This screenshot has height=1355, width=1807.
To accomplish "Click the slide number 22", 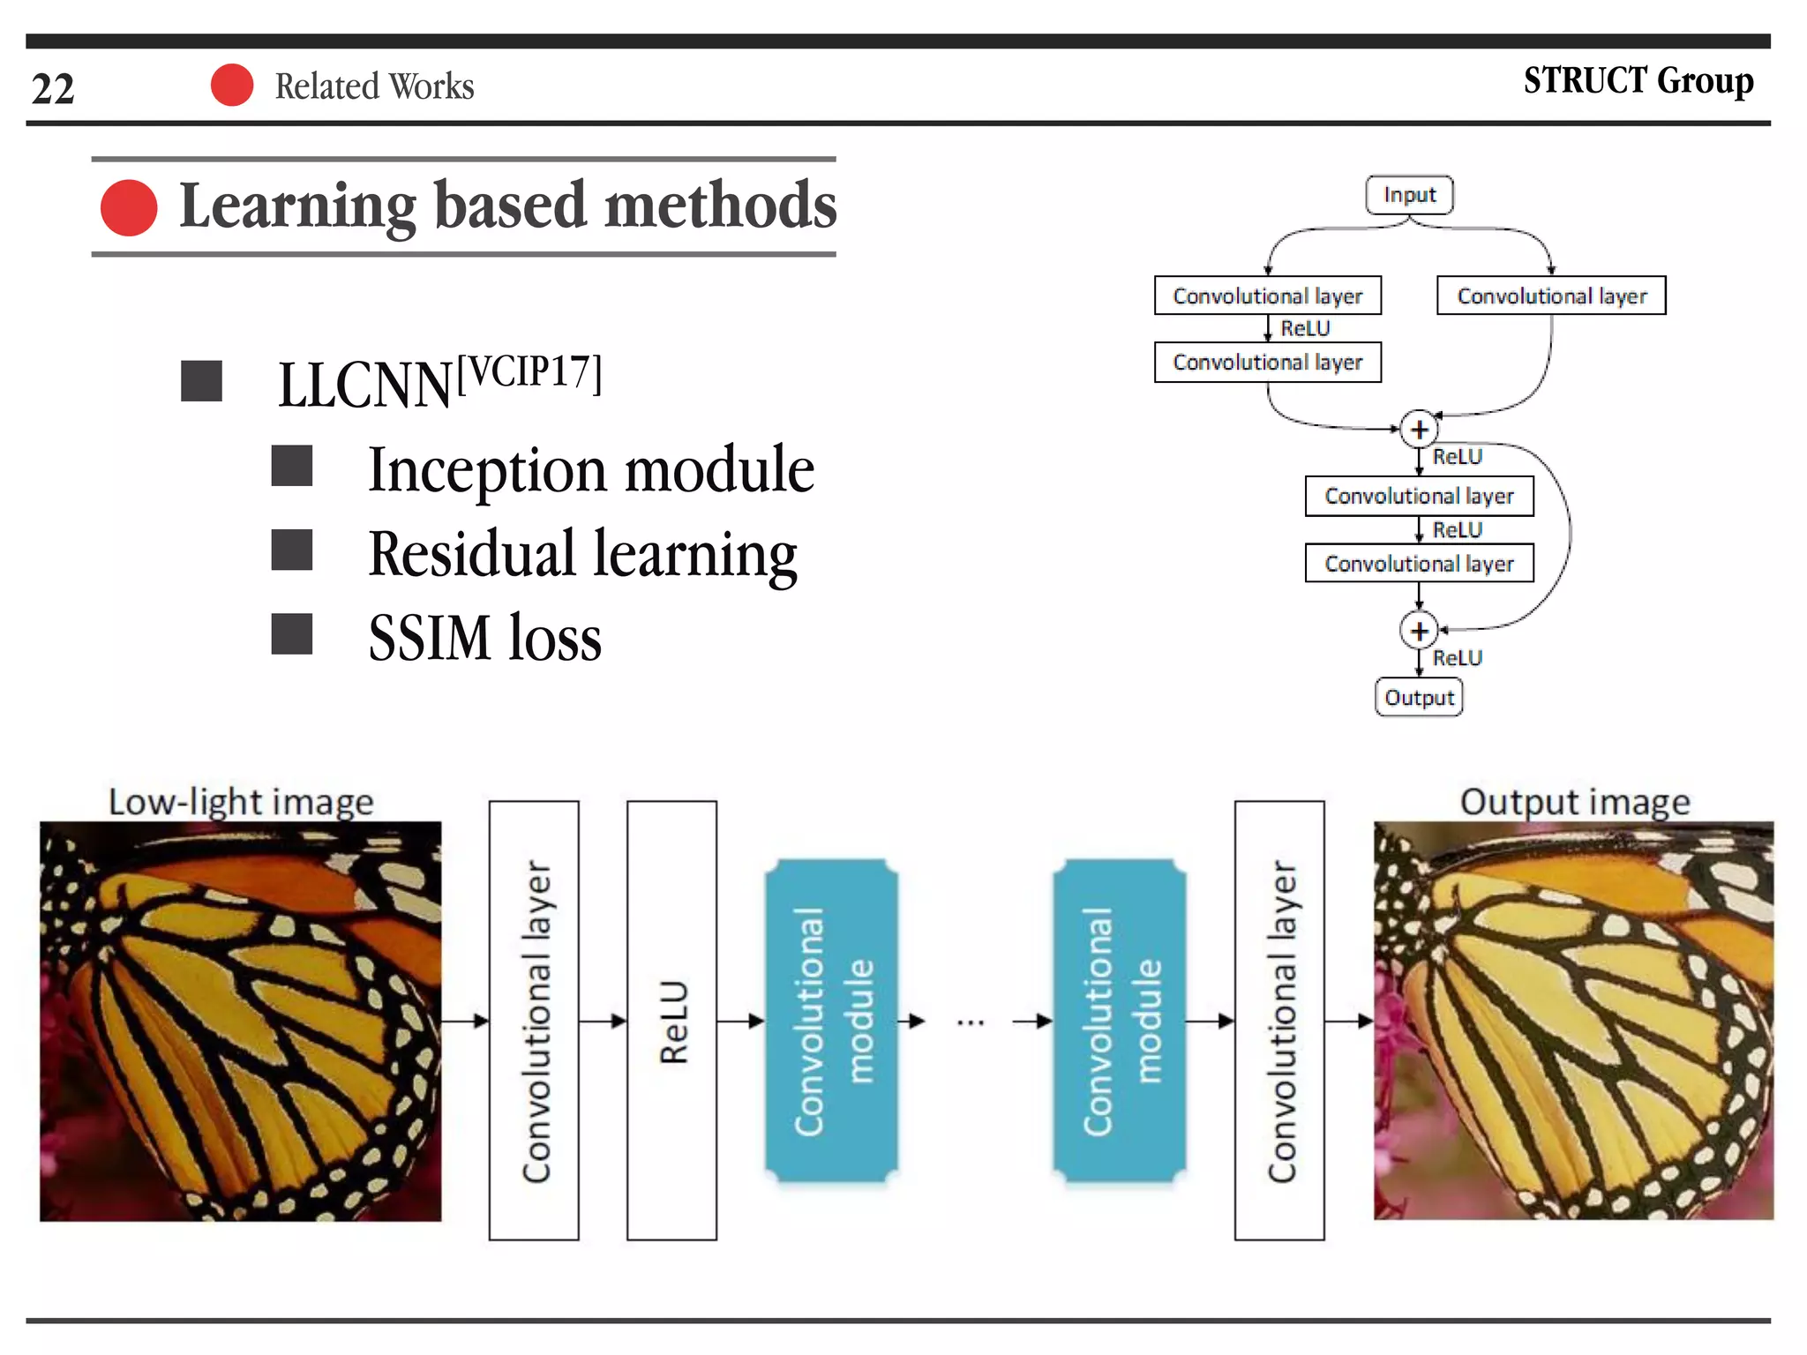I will (53, 88).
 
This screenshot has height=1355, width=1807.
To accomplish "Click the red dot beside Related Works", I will (232, 86).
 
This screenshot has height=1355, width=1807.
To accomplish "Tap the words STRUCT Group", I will (1638, 80).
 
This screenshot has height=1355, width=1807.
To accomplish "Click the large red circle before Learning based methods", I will (129, 207).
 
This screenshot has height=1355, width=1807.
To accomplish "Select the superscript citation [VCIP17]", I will (529, 373).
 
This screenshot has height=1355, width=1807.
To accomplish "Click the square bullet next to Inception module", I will (291, 466).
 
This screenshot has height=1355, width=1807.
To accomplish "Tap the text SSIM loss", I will (484, 637).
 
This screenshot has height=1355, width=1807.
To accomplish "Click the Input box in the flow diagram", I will (1409, 194).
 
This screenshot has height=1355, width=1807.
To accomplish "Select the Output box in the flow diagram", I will (1419, 697).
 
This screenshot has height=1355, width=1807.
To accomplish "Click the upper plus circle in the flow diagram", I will (1419, 430).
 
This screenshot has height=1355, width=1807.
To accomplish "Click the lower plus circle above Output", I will (1419, 631).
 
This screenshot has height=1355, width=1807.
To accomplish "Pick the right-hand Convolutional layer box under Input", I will (1551, 296).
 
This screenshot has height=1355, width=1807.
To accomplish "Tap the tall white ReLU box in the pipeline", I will (671, 1021).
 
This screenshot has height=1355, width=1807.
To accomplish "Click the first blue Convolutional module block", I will (831, 1021).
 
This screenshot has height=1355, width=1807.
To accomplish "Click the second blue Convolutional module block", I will (1119, 1021).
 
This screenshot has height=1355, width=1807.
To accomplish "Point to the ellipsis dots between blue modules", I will (970, 1022).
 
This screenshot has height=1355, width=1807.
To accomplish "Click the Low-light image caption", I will (241, 802).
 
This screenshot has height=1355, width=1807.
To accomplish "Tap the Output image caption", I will (1575, 802).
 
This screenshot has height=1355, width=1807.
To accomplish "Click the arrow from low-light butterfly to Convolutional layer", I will (465, 1021).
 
